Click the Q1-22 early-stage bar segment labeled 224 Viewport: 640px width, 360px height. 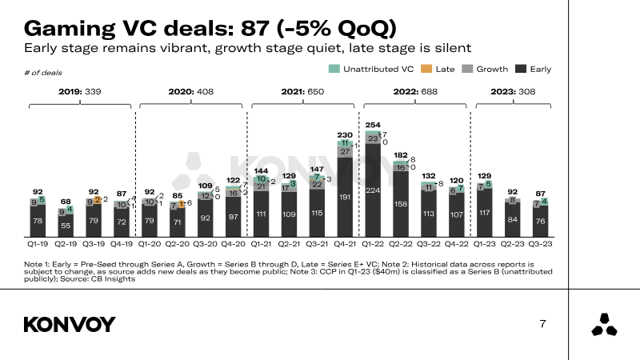tap(373, 190)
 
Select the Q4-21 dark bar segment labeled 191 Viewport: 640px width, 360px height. tap(345, 197)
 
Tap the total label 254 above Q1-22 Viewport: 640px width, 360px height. tap(373, 126)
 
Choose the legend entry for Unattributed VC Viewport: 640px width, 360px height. tap(372, 69)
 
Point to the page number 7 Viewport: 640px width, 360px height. tap(543, 324)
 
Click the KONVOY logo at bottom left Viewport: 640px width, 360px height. tap(70, 324)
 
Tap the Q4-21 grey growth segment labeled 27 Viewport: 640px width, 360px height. tap(345, 151)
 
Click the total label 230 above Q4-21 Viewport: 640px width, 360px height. tap(345, 135)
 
